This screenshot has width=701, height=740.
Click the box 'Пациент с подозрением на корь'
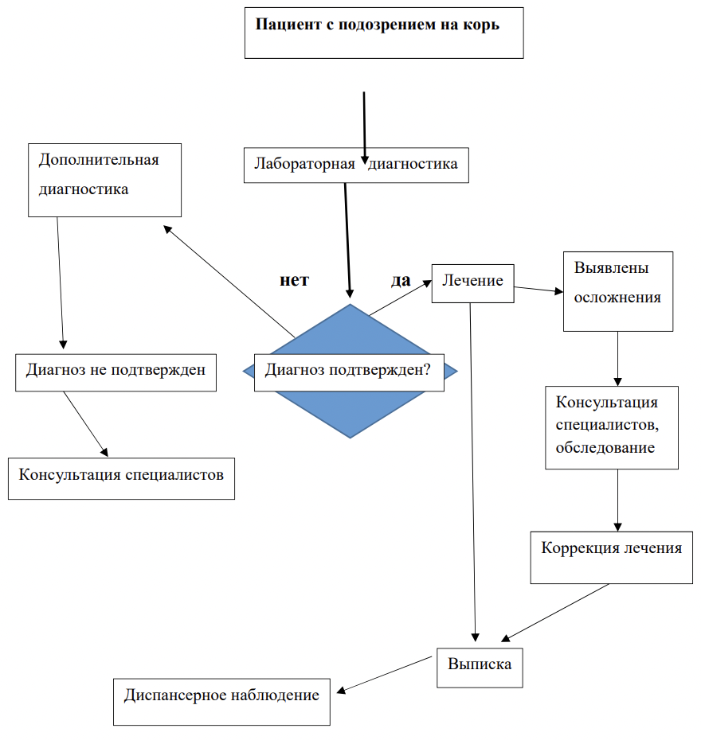384,33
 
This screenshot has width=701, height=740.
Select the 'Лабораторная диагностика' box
356,166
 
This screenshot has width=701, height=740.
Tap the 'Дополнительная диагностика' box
104,181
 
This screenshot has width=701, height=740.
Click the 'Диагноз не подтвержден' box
116,373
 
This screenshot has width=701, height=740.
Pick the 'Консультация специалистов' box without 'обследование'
121,478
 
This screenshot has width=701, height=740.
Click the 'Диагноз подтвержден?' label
348,369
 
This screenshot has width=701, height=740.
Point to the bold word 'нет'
294,280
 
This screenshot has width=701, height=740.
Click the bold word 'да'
401,280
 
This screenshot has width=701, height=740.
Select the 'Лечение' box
473,283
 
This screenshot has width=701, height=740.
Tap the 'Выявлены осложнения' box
618,291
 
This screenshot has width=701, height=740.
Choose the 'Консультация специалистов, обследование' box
612,427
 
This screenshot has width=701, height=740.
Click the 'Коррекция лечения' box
611,557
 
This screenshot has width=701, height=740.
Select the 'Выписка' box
480,668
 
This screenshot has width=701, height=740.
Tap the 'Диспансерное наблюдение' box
221,702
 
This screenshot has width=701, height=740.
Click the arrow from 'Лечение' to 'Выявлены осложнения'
538,290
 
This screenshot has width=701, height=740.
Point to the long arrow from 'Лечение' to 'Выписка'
472,472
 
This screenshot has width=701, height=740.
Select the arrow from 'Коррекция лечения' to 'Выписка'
555,613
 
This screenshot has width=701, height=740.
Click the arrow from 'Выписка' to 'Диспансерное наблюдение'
384,675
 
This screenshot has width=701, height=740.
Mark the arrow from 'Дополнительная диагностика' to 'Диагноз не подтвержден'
61,282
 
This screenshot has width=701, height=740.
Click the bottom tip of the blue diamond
350,438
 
